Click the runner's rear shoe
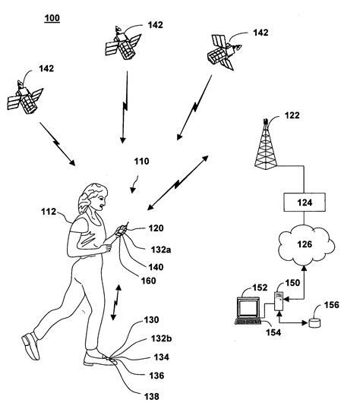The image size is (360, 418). pyautogui.click(x=31, y=345)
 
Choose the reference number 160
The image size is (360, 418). pyautogui.click(x=147, y=280)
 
